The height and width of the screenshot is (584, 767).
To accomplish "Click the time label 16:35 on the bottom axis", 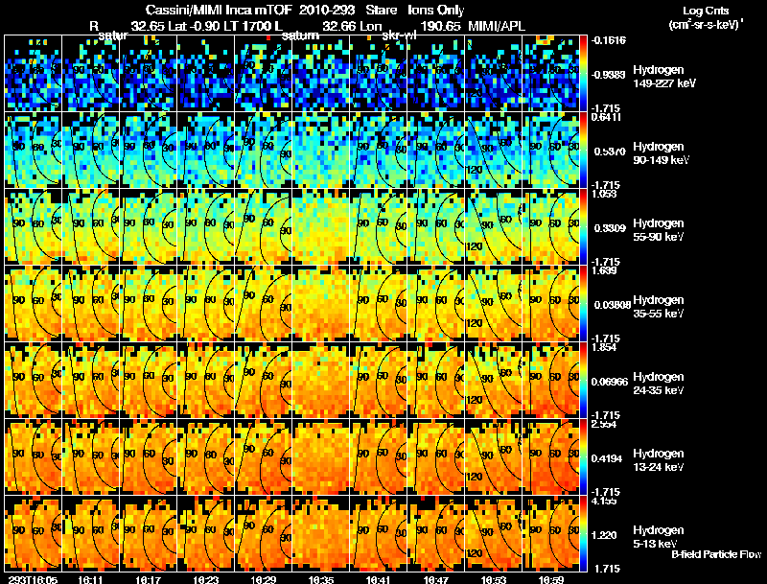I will (x=321, y=579).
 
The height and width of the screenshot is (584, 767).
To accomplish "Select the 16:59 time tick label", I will (x=552, y=579).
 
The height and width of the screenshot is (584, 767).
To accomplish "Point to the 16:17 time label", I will (x=148, y=579).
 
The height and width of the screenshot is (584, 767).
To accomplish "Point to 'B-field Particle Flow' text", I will (x=715, y=554).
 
